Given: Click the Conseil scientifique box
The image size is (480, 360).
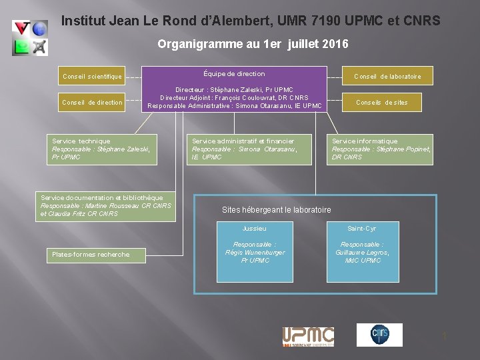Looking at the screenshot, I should coord(92,77).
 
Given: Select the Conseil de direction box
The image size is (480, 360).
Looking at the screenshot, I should coord(92,103).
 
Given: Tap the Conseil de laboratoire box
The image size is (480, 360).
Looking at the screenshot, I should coord(387,76).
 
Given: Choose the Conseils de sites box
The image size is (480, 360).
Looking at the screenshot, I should coord(382,102).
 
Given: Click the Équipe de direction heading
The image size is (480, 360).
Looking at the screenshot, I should coord(234,74).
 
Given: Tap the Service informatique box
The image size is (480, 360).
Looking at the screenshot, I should coord(382,149).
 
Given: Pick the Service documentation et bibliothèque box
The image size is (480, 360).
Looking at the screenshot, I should coord(105,206).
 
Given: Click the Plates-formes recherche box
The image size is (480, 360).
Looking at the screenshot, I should coord(91,255).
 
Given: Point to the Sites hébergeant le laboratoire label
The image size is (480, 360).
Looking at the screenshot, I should coord(276,210).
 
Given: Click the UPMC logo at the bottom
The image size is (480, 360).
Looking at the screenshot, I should coord(308,336).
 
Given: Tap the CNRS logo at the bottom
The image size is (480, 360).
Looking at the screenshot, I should coord(379,335).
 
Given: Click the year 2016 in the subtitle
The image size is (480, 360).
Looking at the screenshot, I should coord(334,45).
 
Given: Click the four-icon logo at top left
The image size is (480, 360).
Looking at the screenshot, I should coord(31,37).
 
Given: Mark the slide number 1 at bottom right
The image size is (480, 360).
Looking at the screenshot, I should coord(444,337).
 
